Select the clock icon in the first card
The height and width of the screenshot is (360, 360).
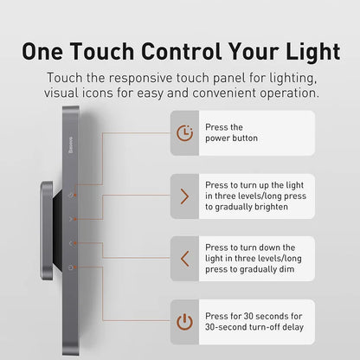pos(184,132)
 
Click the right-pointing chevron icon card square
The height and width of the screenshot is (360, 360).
pos(184,196)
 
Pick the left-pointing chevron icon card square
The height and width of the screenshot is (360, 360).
pos(184,258)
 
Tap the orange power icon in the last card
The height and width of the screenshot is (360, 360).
pos(184,322)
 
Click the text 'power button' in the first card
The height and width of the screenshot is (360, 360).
pos(232,138)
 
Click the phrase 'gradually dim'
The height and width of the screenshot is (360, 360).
pos(264,270)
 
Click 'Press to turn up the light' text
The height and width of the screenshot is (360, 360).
pos(254,184)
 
